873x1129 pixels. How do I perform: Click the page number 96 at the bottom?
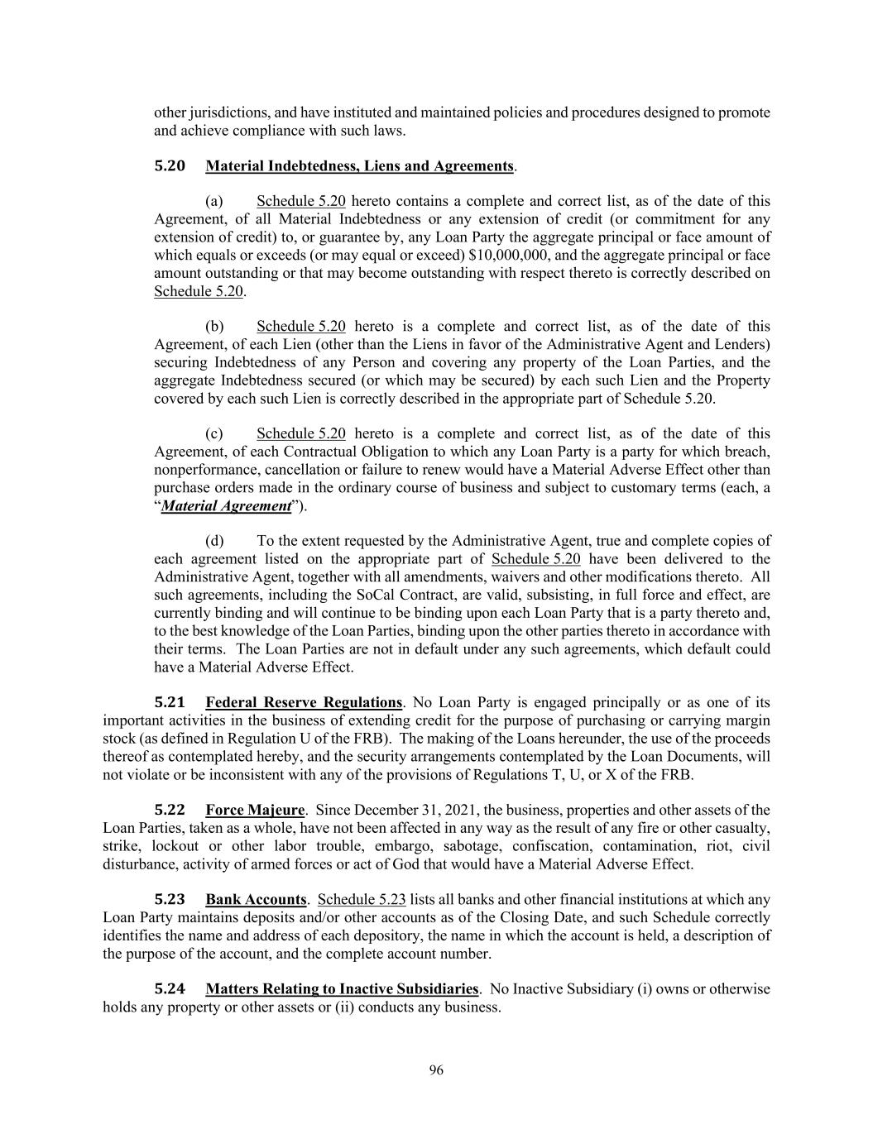point(436,1070)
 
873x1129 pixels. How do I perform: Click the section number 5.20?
point(170,166)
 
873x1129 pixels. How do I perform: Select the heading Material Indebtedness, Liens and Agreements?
point(360,166)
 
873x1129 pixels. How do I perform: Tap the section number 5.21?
point(170,703)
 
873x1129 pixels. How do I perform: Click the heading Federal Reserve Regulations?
point(304,703)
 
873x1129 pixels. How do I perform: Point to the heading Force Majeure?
point(256,810)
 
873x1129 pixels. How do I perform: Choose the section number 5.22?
point(170,810)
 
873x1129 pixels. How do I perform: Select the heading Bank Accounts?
point(256,900)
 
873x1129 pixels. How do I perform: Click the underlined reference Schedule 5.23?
point(362,900)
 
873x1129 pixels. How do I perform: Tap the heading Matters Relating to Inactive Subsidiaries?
point(342,989)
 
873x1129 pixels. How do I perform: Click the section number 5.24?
point(170,989)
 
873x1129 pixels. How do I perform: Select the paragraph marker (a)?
point(214,202)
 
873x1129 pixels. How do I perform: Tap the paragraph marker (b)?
point(214,327)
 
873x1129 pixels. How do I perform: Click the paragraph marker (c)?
point(214,434)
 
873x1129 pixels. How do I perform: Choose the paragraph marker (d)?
point(214,542)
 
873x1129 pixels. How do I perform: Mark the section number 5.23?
point(170,900)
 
